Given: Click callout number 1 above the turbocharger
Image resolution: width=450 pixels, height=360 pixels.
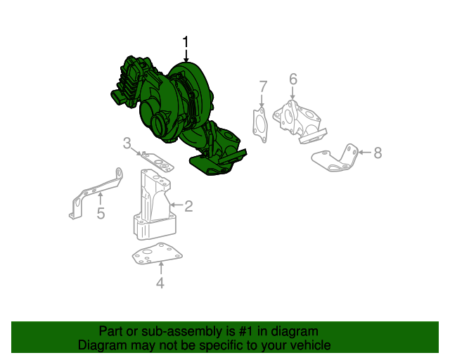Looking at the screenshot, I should point(186,43).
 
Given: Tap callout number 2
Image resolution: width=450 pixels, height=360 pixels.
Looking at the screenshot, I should point(188,206).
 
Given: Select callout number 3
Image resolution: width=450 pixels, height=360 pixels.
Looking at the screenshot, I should point(127,144).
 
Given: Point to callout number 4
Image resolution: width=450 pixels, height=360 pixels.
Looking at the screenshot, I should point(160,283).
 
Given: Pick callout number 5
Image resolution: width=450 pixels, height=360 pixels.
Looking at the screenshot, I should point(101,213).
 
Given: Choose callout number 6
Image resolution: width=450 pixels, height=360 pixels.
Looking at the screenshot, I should point(292,79).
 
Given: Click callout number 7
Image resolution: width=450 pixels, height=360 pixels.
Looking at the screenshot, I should point(263,87).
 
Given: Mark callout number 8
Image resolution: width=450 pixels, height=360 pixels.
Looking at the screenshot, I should point(378,153).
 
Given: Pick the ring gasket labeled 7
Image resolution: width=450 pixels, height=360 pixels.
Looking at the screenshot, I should point(260,124).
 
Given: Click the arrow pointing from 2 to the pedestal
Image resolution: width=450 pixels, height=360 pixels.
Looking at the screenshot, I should point(176,206).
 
